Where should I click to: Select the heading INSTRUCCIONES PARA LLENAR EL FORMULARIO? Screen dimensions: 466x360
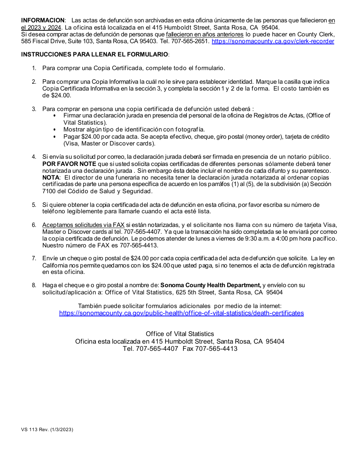coord(94,54)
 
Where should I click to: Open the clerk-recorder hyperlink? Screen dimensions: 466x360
coord(273,41)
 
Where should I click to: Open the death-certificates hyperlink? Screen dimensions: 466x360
coord(181,313)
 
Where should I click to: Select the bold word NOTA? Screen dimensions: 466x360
coord(51,178)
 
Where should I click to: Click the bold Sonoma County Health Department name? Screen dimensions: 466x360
coord(211,285)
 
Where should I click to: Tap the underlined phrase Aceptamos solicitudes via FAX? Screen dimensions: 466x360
coord(83,225)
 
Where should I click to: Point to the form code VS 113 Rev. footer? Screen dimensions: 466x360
coord(47,430)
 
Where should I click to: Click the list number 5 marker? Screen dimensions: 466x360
coord(34,205)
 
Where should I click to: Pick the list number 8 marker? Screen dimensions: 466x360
coord(34,285)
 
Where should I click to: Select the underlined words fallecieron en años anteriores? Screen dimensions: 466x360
coord(205,34)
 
